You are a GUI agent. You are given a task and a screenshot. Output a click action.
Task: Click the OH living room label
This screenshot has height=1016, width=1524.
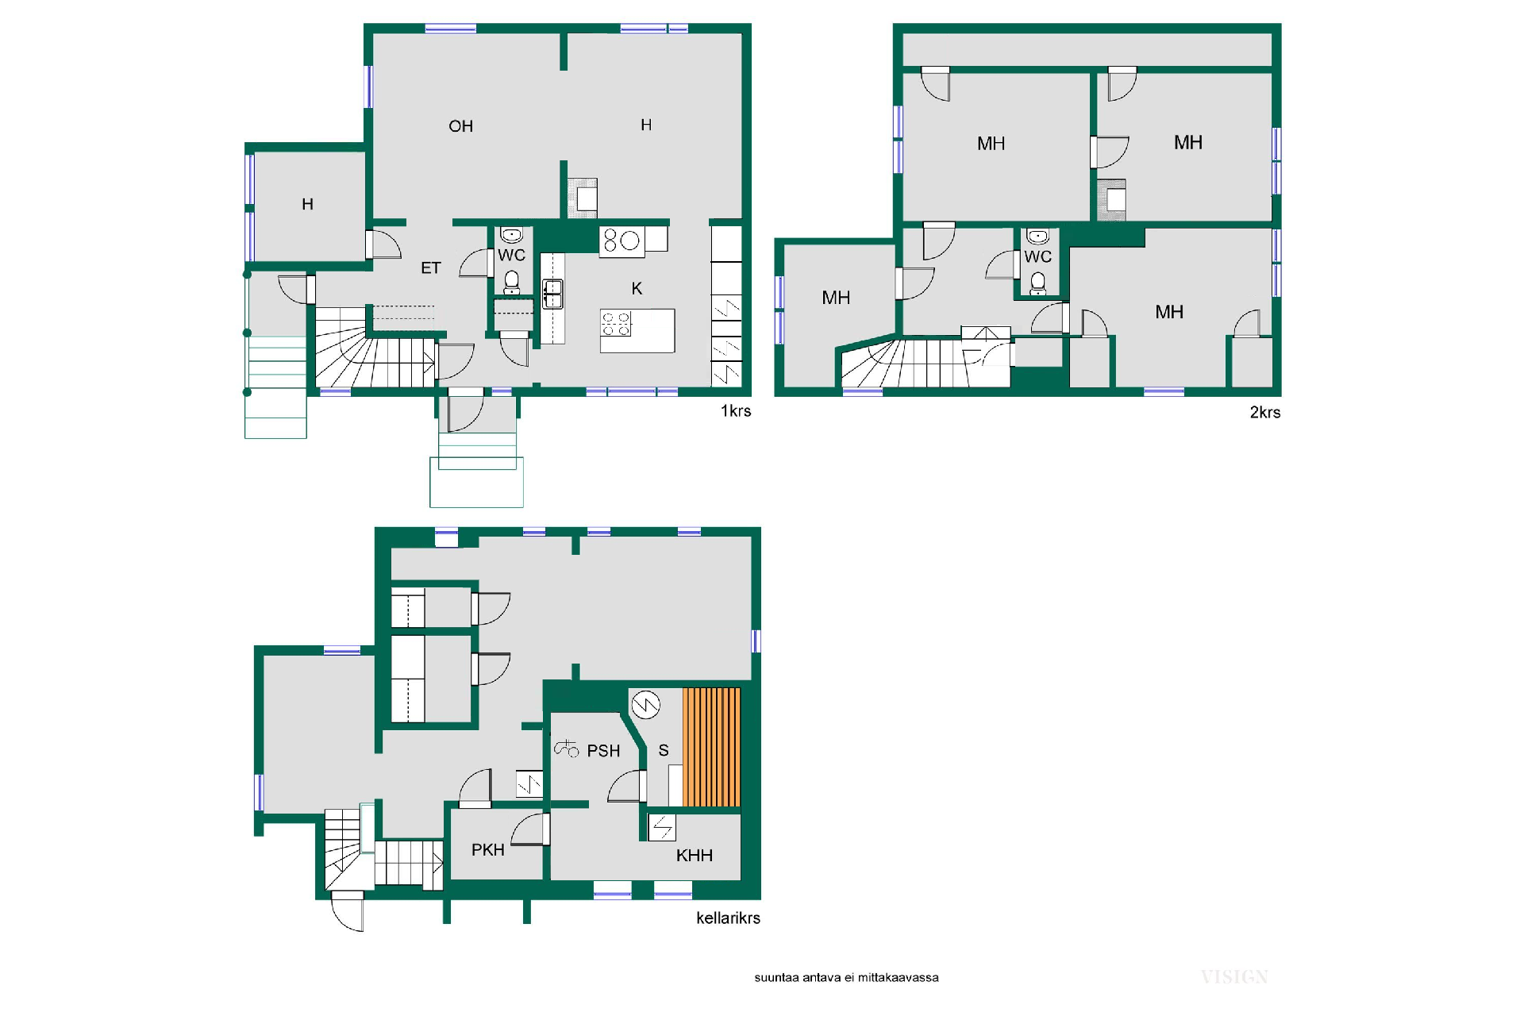(x=460, y=126)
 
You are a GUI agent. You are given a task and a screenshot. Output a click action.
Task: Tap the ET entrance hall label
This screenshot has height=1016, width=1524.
(x=430, y=268)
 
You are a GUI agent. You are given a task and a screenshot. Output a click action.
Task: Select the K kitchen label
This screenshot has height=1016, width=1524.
(x=637, y=289)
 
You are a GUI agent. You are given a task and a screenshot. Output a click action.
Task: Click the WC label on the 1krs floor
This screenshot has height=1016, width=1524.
(x=511, y=256)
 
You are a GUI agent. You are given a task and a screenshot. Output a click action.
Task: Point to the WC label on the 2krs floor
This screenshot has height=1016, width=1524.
(x=1037, y=257)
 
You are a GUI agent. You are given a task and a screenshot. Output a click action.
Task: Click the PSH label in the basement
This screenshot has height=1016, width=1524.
(x=603, y=751)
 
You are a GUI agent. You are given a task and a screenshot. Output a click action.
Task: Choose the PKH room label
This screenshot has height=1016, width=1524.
(x=488, y=850)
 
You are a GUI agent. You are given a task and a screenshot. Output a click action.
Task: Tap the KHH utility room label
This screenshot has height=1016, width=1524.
(x=695, y=856)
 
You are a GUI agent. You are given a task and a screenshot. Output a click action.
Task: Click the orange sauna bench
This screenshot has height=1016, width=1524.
(x=712, y=747)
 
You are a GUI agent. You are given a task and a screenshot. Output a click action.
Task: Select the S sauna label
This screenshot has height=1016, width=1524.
(x=664, y=751)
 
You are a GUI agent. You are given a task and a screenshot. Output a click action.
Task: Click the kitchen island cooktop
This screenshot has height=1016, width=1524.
(x=616, y=323)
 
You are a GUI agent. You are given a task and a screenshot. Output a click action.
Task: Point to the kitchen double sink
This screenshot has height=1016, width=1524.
(x=553, y=294)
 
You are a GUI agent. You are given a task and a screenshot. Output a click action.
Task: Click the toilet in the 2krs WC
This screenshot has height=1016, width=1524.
(x=1037, y=283)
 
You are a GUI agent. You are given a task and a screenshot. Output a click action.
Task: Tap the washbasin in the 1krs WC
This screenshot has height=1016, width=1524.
(x=512, y=236)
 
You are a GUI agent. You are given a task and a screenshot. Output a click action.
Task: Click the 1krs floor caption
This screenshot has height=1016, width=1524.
(x=736, y=411)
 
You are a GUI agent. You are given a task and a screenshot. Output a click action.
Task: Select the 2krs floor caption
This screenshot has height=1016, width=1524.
(x=1265, y=413)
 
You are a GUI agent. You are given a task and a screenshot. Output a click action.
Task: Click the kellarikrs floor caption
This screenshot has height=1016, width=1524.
(x=728, y=918)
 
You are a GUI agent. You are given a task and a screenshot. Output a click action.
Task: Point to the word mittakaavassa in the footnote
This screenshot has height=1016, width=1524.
(x=899, y=978)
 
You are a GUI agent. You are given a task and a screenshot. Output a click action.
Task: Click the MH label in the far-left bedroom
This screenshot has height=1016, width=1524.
(x=836, y=298)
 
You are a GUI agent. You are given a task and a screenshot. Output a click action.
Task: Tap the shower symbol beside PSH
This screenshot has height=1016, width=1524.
(x=566, y=748)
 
